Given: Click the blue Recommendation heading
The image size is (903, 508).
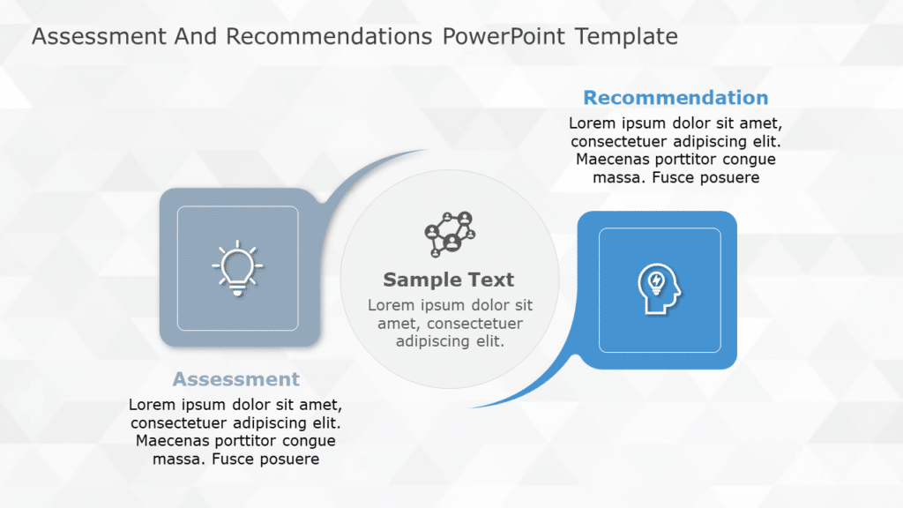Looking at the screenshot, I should point(675,98).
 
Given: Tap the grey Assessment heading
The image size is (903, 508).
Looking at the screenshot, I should point(236,379).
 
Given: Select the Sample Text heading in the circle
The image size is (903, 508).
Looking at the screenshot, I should point(448,280).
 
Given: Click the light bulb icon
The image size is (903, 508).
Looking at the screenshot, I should point(237,269).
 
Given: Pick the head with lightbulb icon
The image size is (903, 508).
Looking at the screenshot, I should point(659,288).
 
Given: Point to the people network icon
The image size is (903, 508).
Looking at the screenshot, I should point(450,234).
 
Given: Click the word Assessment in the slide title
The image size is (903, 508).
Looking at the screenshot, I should point(97,37).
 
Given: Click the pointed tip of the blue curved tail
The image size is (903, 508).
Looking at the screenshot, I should point(473,407).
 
